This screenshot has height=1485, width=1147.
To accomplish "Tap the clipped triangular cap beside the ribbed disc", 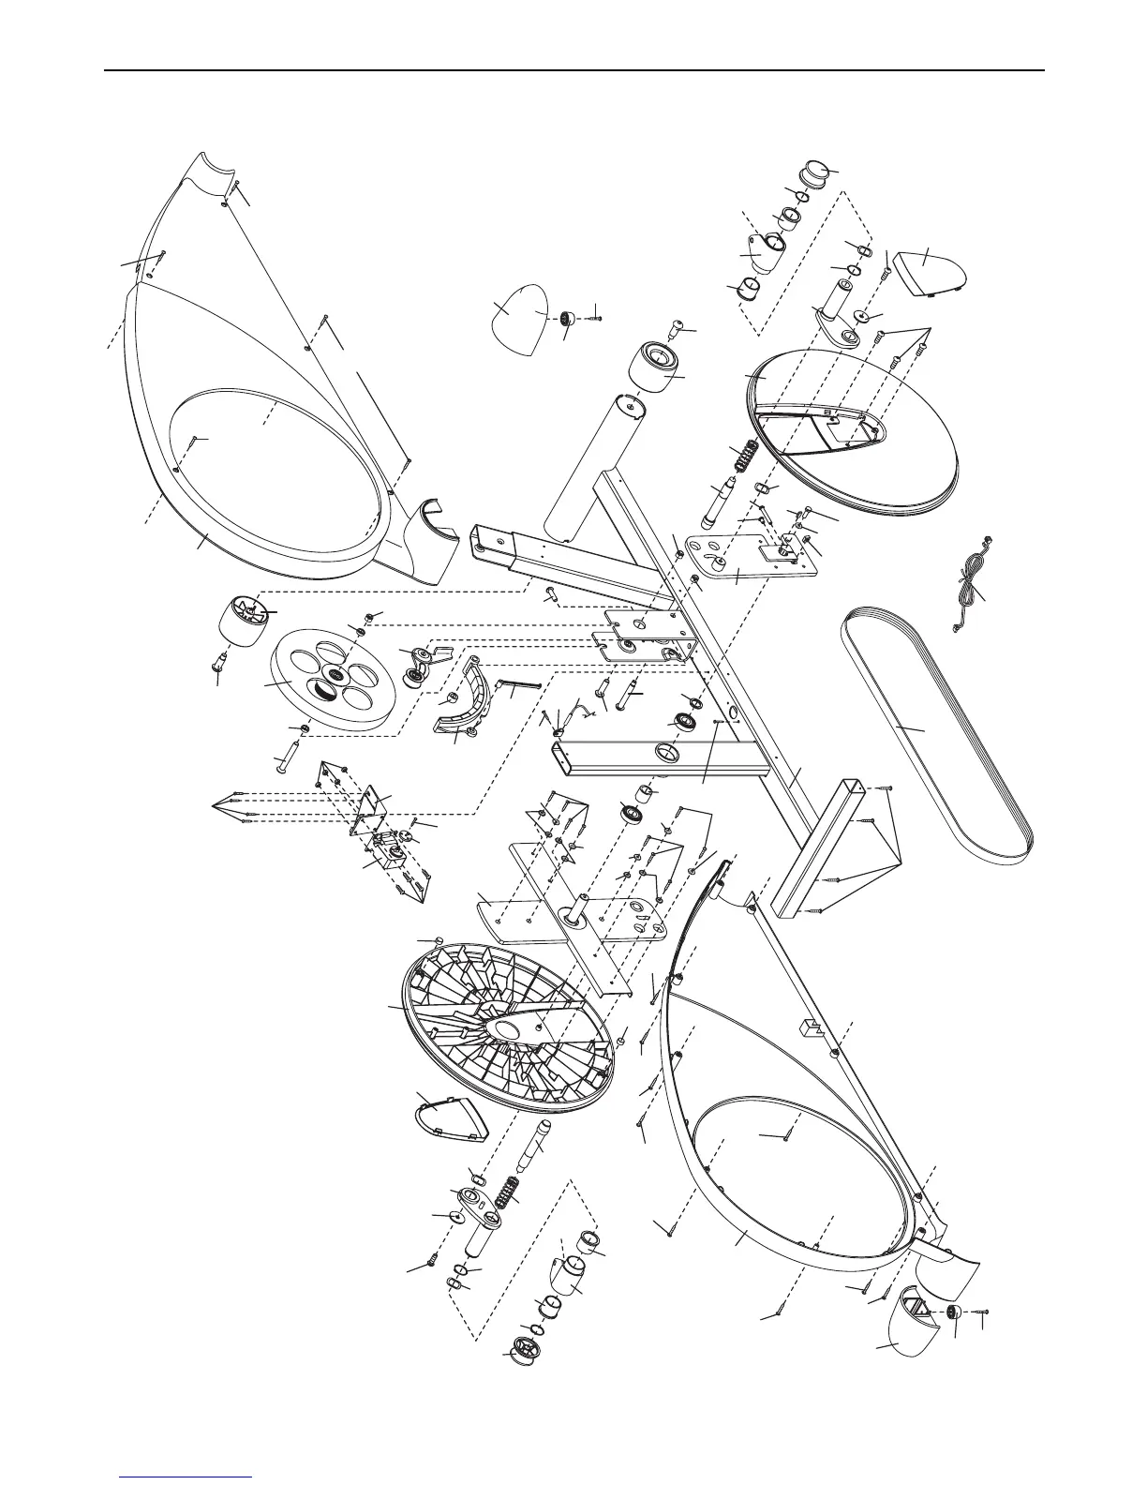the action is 450,1114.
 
